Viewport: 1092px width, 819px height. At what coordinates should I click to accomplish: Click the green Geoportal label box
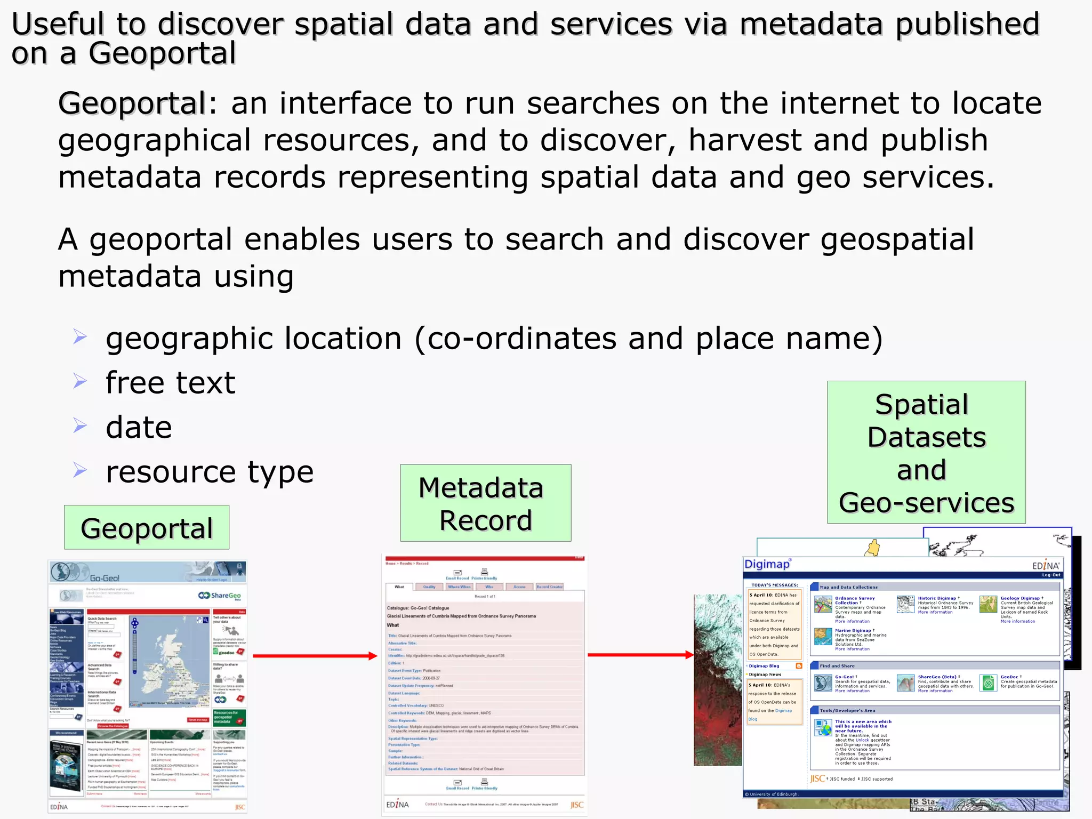(147, 527)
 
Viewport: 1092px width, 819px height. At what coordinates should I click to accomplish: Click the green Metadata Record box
(485, 503)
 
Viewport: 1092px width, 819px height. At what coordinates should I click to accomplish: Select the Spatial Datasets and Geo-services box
(926, 452)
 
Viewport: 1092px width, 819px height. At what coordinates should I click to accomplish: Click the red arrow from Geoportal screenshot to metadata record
(315, 656)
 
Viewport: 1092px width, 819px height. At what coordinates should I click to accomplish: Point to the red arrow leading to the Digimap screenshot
(640, 655)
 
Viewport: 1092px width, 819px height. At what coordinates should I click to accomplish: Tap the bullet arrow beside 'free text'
(80, 381)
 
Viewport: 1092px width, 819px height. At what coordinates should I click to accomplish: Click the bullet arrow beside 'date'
(80, 425)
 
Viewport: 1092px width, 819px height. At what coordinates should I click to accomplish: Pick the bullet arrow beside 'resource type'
(80, 470)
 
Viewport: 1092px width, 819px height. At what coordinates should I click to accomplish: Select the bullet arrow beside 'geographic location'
(80, 336)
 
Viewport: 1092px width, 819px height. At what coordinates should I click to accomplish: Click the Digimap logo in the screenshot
(767, 564)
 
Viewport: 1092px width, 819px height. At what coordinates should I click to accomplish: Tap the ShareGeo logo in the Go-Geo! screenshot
(220, 596)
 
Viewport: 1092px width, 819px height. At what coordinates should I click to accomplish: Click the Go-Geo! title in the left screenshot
(105, 578)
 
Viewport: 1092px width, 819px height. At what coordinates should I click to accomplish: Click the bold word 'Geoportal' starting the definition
(132, 103)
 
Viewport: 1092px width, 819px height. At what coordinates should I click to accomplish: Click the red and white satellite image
(717, 680)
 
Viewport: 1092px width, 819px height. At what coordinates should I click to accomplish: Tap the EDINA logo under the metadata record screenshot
(397, 805)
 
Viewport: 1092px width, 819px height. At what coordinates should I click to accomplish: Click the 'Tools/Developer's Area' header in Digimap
(847, 710)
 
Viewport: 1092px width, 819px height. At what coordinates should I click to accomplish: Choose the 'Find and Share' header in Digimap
(837, 666)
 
